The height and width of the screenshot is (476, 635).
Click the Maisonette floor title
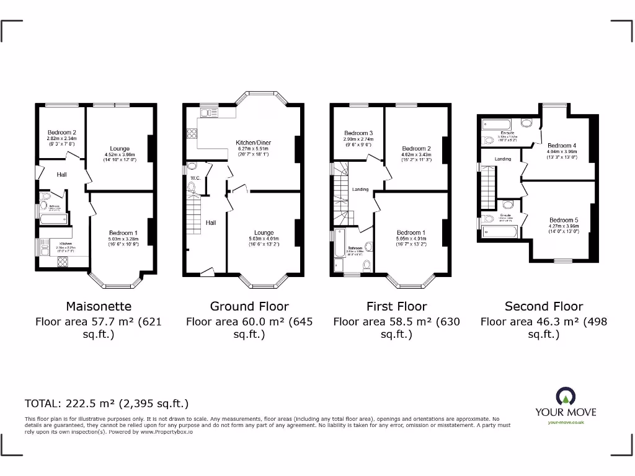99,306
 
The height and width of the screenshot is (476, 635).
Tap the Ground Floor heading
249,306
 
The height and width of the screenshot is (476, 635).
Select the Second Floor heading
544,306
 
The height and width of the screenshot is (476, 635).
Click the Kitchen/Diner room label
253,143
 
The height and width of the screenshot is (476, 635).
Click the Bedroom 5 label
564,220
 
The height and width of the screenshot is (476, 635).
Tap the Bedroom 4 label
561,145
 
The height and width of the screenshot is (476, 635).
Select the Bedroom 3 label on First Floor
358,133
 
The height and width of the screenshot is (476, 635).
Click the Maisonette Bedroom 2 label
62,133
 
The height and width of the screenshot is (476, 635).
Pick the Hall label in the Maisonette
61,175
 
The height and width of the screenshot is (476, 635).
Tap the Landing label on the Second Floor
503,159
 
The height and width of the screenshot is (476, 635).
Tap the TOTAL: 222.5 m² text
106,403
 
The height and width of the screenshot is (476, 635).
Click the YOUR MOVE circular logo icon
566,396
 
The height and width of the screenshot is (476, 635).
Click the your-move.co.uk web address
566,422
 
